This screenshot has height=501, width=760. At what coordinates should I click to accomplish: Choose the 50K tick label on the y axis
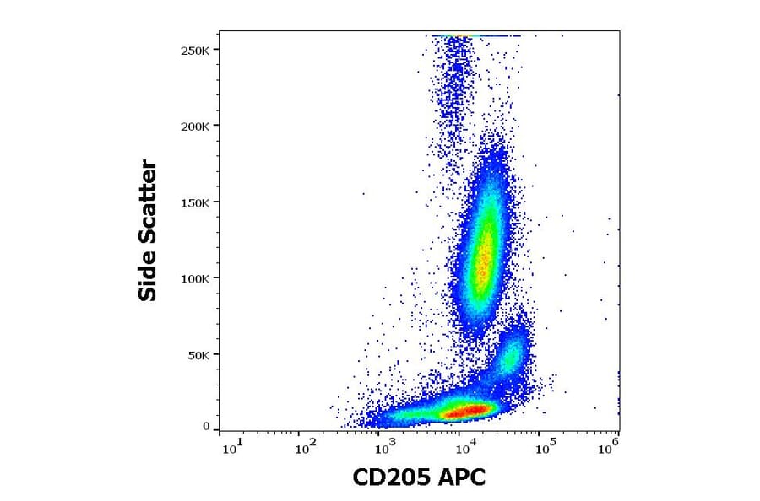point(200,355)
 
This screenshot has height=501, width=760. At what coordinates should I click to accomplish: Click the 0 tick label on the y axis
point(206,427)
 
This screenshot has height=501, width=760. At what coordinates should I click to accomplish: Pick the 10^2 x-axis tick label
point(307,449)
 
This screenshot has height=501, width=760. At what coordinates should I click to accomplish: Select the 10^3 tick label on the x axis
point(386,449)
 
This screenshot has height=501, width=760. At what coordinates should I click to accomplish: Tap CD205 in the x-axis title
point(391,477)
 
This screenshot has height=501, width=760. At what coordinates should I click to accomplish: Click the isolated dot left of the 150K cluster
point(364,193)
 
